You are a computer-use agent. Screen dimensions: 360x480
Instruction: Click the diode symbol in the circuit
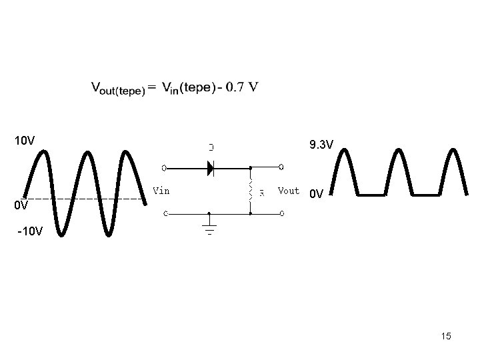click(x=211, y=168)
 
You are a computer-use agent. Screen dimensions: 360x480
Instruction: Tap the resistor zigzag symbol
click(x=251, y=190)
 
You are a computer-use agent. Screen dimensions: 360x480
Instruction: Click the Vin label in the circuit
click(x=161, y=191)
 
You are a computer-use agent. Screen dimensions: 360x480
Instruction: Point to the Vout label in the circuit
click(x=289, y=191)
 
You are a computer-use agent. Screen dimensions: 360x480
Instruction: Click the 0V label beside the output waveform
click(x=317, y=195)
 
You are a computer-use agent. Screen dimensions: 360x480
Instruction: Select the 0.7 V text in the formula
click(x=242, y=87)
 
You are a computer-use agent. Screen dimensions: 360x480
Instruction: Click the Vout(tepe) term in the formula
click(x=117, y=89)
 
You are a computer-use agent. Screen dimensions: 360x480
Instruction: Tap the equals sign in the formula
click(x=153, y=87)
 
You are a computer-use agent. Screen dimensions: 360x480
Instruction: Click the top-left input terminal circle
click(x=165, y=167)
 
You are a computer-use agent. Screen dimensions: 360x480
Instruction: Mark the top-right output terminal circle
click(x=282, y=167)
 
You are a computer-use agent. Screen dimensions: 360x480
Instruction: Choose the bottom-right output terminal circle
click(x=282, y=214)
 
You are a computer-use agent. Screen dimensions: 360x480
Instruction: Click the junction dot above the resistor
click(x=251, y=168)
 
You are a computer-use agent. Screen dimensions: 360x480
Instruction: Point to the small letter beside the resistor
click(x=262, y=193)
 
